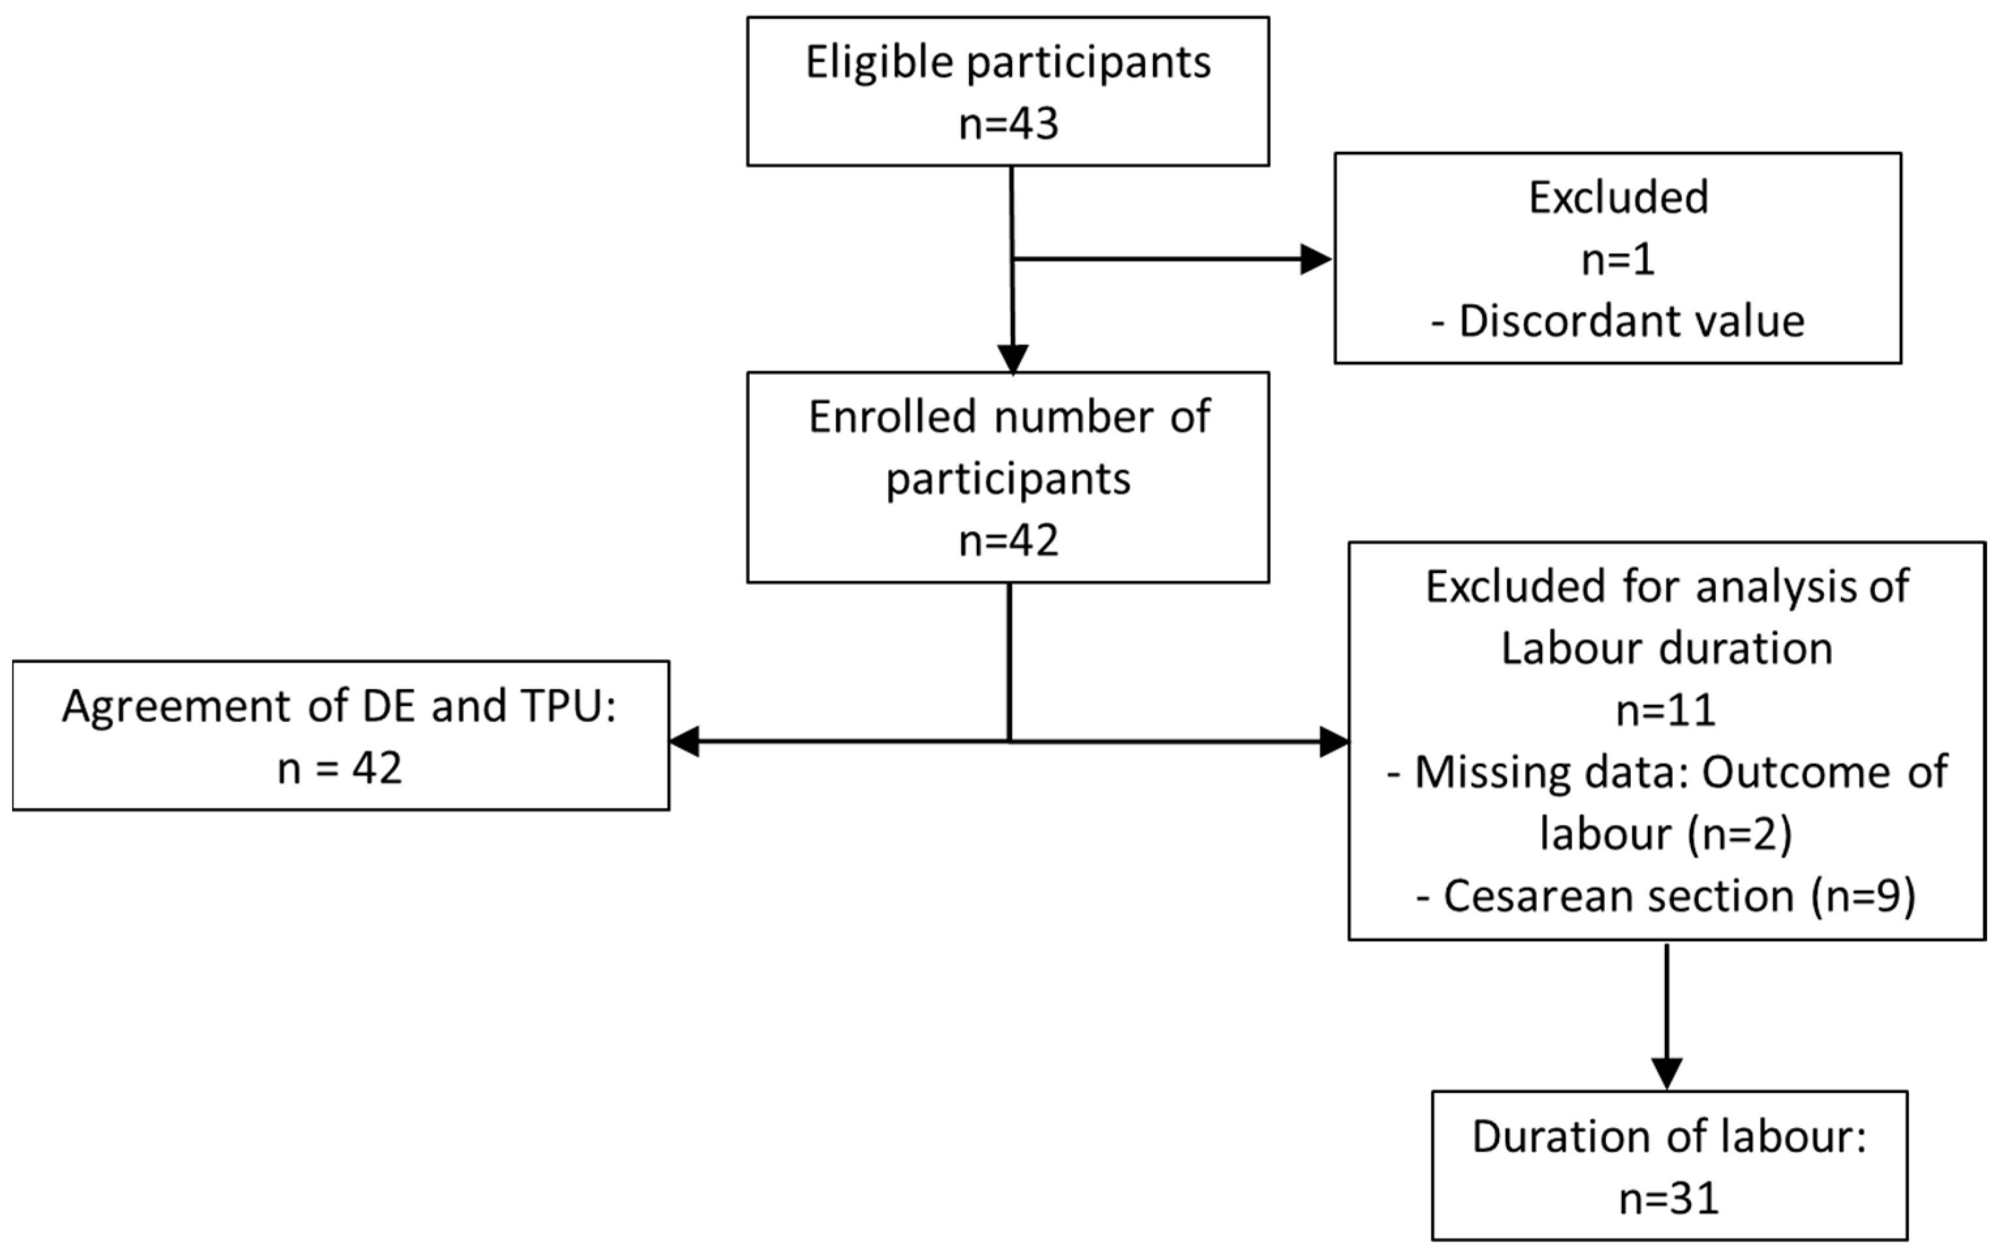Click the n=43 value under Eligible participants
(x=1008, y=125)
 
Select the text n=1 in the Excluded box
(x=1617, y=260)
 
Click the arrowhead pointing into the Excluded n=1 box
(x=1316, y=260)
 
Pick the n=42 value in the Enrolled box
(x=1008, y=542)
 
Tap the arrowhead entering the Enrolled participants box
(x=1013, y=359)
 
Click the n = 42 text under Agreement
(x=339, y=768)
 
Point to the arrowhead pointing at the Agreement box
(x=685, y=741)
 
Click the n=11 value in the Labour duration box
(x=1666, y=711)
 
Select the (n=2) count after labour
(x=1739, y=834)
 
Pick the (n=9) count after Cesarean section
(x=1863, y=896)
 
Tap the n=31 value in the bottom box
(x=1669, y=1199)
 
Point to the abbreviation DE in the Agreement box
(x=389, y=707)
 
